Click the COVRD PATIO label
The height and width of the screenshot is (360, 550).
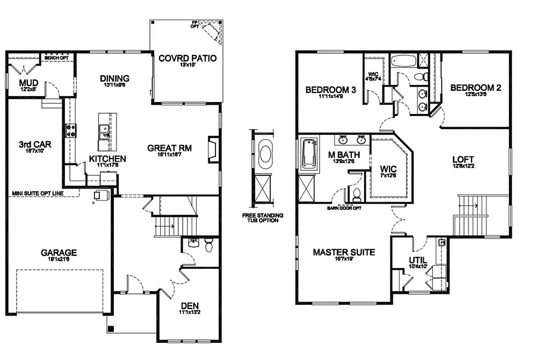pos(188,58)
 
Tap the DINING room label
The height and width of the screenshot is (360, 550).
pos(114,79)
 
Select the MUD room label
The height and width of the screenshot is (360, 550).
pos(28,83)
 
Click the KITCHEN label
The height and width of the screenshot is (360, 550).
pos(107,159)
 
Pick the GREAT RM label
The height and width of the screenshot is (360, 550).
pos(170,148)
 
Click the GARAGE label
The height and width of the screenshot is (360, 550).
pos(59,253)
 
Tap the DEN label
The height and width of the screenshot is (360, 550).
pos(190,306)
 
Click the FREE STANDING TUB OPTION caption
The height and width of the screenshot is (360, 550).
pos(263,218)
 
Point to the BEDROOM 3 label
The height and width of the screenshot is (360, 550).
pos(331,90)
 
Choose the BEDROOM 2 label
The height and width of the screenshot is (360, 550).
pos(475,88)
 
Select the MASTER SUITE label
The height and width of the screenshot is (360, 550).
pos(344,252)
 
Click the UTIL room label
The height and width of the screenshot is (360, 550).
pos(418,260)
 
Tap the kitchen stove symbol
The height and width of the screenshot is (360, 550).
pos(70,129)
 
